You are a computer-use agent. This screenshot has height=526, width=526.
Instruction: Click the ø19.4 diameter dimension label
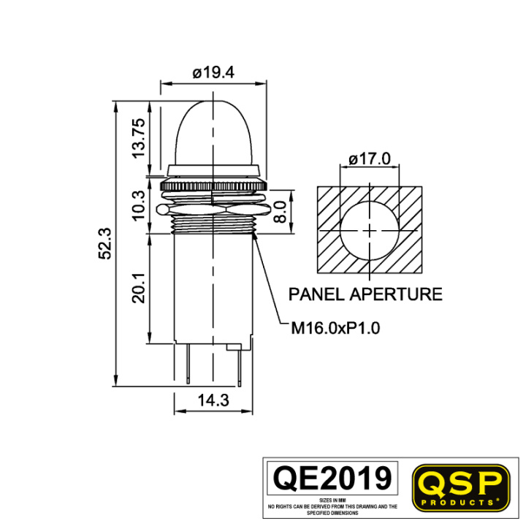point(213,72)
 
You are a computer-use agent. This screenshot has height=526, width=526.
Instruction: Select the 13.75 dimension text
point(139,138)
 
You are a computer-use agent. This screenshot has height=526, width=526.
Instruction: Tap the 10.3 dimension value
point(138,205)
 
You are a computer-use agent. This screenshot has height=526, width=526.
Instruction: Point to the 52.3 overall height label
point(104,243)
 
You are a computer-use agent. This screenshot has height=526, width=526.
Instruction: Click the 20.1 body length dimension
point(138,288)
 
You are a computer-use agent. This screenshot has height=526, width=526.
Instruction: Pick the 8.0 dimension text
point(280,212)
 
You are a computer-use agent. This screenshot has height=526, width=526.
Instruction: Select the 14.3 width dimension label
point(213,400)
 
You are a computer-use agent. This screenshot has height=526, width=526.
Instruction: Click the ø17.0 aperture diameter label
point(370,159)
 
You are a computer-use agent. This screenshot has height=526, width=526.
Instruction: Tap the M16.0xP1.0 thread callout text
point(335,328)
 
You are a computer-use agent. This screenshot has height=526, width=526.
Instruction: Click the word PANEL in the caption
point(316,294)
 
